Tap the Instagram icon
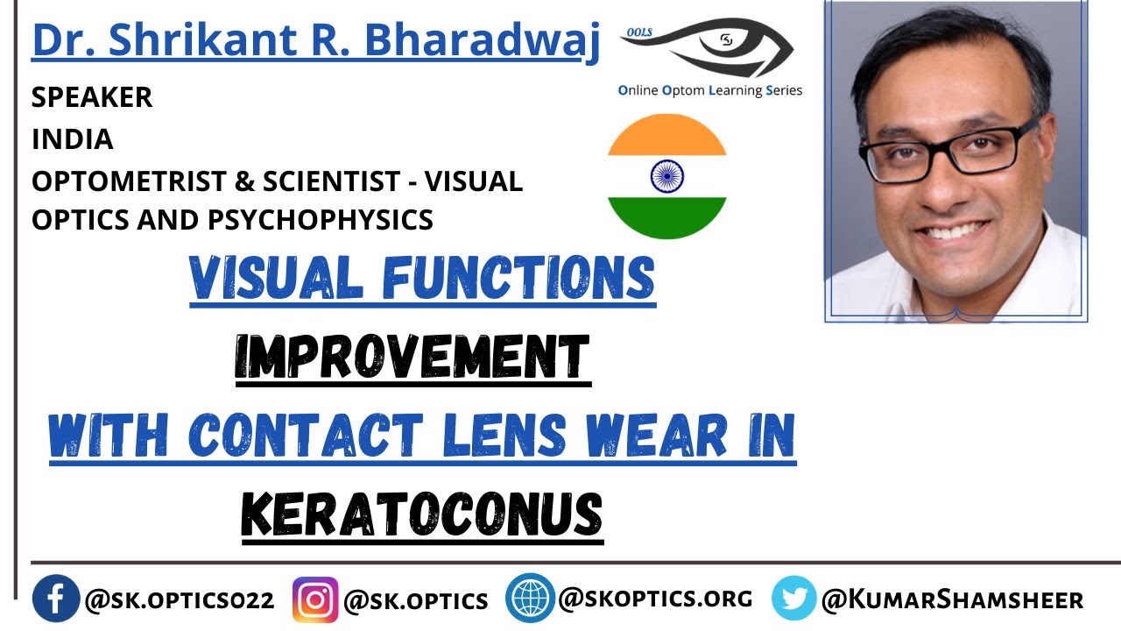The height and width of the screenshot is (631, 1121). pos(315,599)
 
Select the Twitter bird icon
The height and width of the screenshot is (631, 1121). pos(793,599)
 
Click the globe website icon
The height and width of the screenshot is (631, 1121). pos(530,599)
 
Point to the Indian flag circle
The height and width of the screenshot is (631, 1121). pos(666,177)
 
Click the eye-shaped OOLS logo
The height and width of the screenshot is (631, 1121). pos(718,48)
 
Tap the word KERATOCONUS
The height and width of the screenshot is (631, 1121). pos(422,514)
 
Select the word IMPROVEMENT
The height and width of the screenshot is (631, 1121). pos(412,358)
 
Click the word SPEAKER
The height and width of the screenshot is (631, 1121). pos(92,97)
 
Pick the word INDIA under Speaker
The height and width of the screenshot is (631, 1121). pos(73,139)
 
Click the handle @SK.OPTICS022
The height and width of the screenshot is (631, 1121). pos(179,600)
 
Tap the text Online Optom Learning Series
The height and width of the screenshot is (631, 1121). pos(709,90)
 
